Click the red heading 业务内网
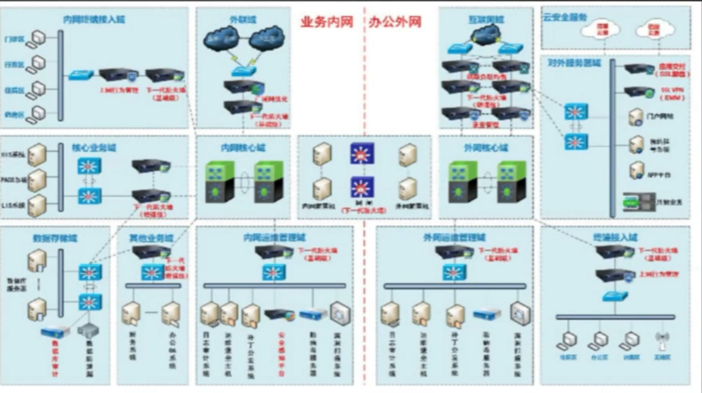326,22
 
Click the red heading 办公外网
395,22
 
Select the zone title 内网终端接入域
94,20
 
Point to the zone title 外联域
242,20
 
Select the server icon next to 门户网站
636,118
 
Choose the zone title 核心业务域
94,148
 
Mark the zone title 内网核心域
242,148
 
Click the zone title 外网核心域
485,148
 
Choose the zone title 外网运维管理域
454,238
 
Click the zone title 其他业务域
151,238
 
